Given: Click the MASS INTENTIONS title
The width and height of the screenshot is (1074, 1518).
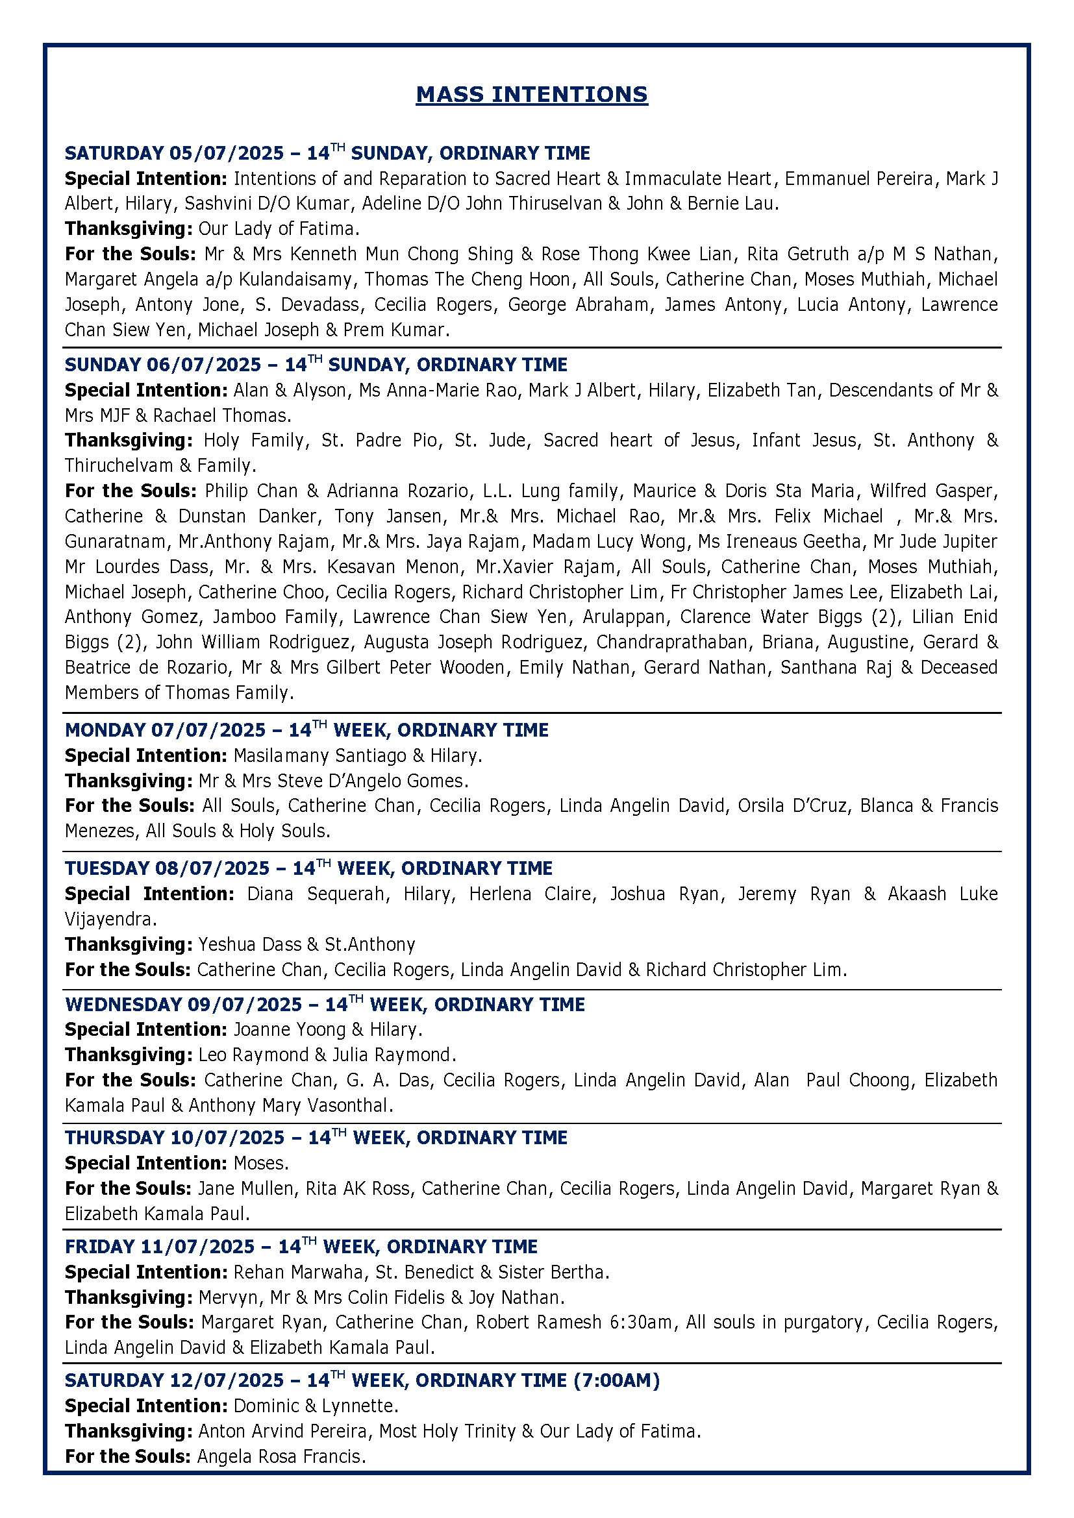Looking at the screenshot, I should [x=532, y=95].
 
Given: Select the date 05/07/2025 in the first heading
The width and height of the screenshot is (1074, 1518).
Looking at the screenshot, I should [x=226, y=153].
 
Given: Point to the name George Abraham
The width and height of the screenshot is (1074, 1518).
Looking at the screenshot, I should [x=579, y=304].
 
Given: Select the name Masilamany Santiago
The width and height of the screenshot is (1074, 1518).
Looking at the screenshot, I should [x=319, y=755].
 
